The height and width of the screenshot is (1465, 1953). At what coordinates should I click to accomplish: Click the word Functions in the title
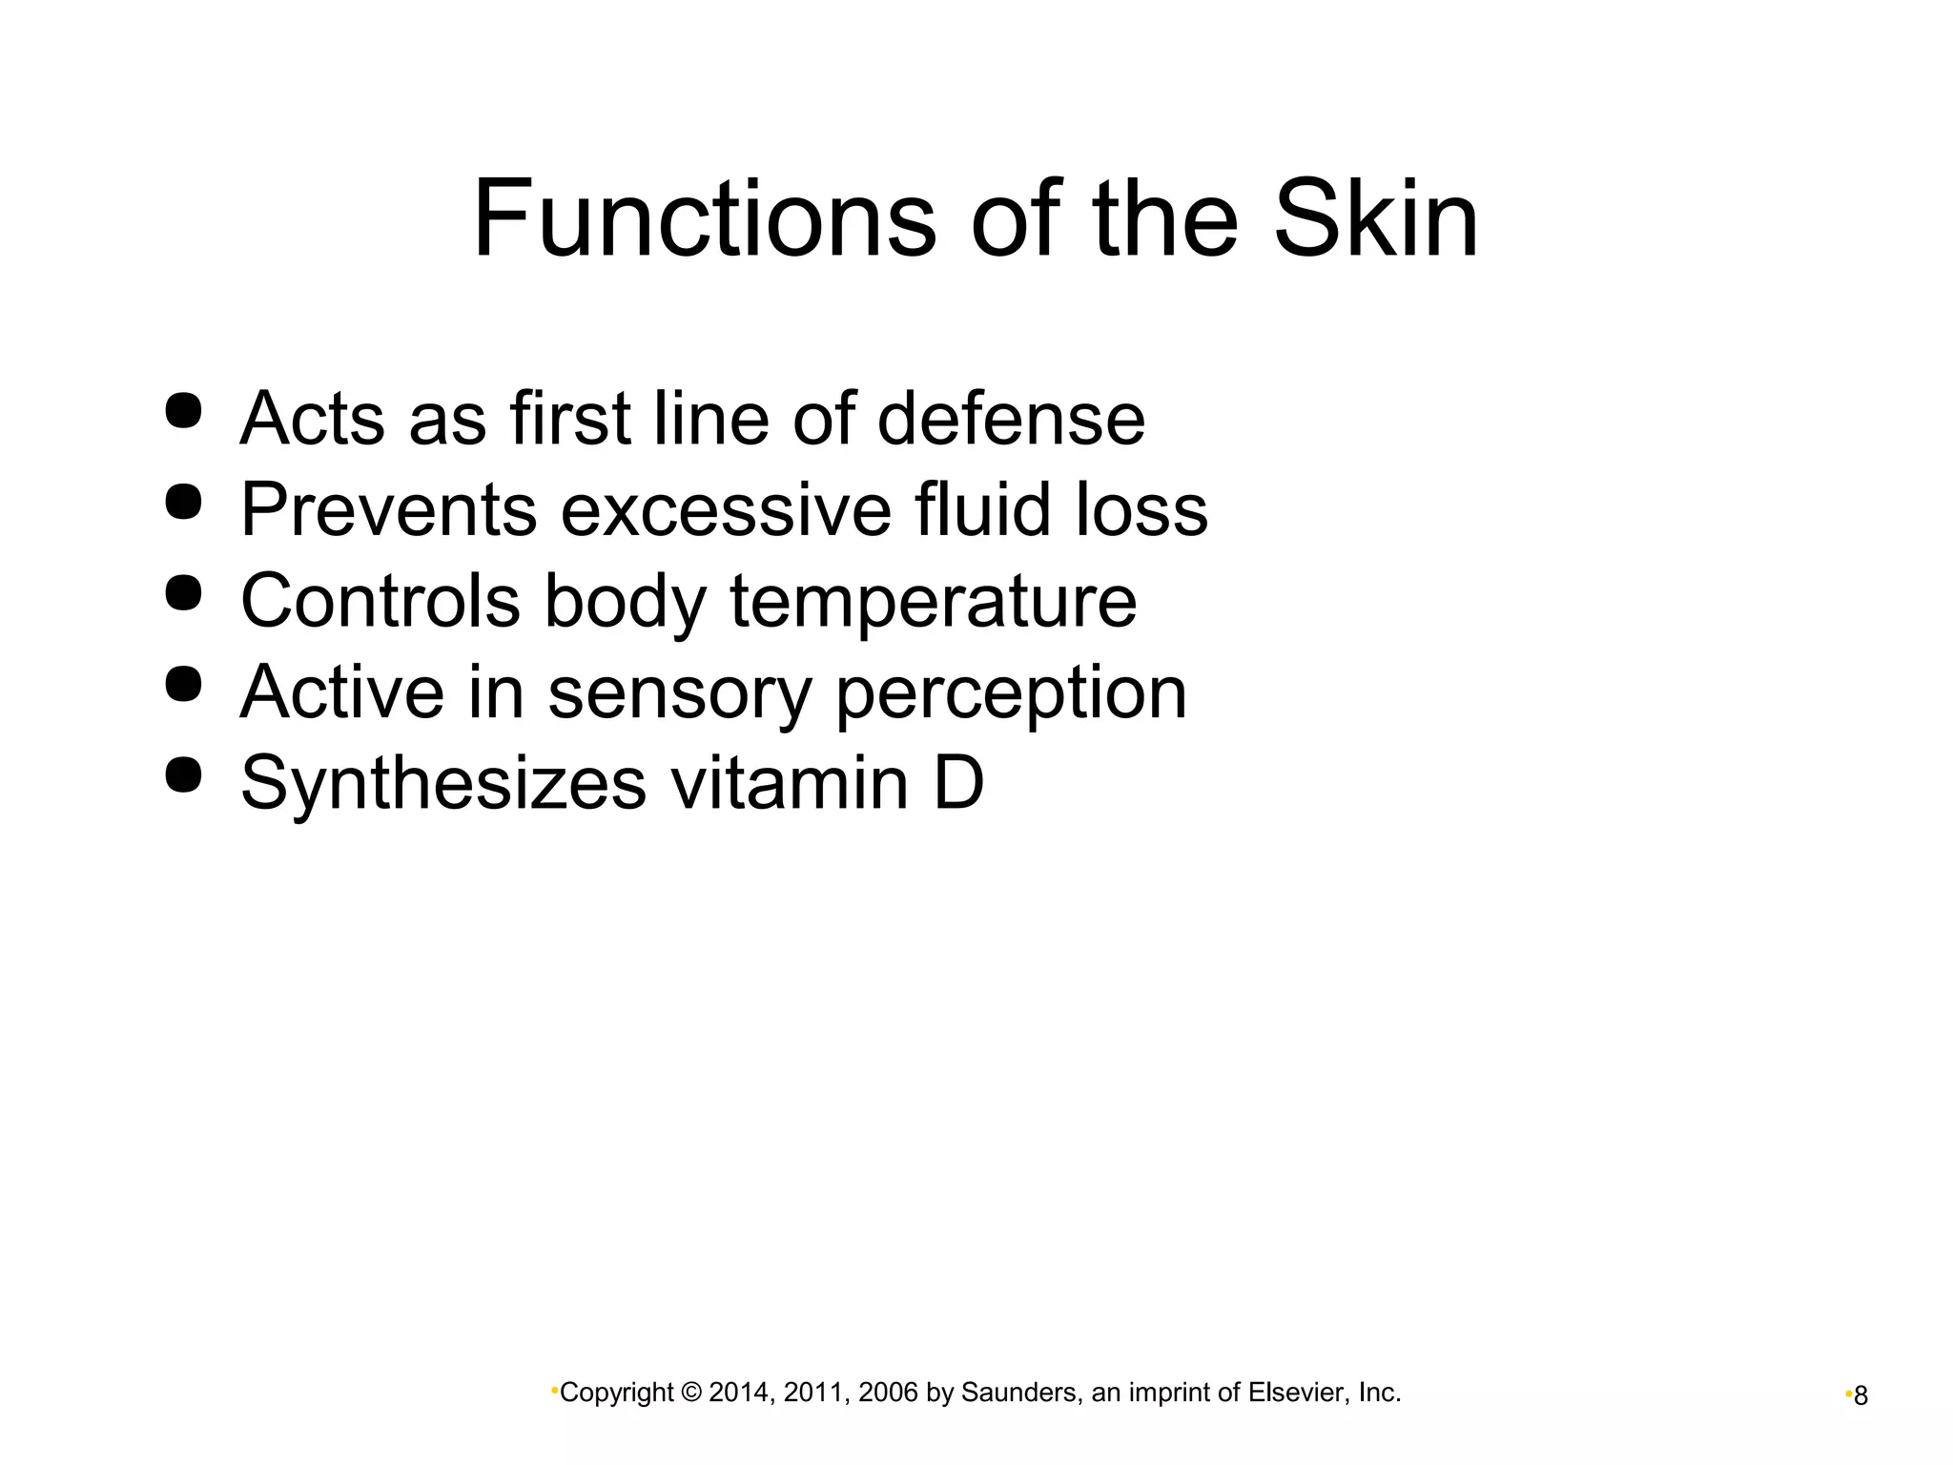(704, 219)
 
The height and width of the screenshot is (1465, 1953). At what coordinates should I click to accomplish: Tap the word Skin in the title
(1376, 219)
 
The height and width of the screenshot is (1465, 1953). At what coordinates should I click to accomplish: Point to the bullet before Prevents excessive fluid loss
(183, 502)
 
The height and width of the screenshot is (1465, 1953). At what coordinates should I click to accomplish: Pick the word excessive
(726, 509)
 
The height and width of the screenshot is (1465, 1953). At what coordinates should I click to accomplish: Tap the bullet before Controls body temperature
(183, 593)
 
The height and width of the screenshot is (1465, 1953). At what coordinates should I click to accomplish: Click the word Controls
(380, 601)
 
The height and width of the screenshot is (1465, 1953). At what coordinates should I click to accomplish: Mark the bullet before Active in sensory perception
(183, 684)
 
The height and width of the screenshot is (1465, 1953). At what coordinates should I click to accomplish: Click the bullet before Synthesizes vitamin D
(183, 774)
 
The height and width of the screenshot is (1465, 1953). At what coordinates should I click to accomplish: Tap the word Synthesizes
(443, 784)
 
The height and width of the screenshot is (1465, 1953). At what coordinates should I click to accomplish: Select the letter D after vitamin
(957, 783)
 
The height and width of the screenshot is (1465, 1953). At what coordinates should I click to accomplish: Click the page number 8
(1860, 1397)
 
